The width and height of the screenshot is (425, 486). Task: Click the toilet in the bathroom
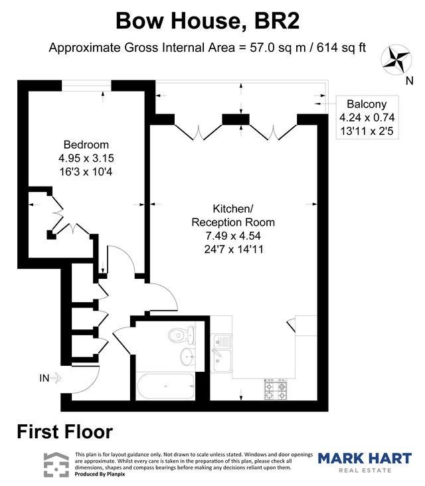coord(181,335)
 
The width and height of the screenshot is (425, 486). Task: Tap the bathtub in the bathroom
coord(166,386)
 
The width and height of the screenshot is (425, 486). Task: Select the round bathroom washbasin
coord(187,357)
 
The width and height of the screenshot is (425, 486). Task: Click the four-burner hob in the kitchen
coord(276,389)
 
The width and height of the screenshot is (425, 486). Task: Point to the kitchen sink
coord(221,353)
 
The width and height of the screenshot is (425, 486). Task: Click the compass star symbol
coord(396,60)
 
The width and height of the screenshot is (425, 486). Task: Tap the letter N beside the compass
coord(410,81)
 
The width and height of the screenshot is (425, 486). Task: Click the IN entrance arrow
coord(56,378)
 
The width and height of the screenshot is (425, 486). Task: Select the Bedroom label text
coord(86,145)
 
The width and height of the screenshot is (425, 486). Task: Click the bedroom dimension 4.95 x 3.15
coord(86,158)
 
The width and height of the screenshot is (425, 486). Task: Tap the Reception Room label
coord(233,222)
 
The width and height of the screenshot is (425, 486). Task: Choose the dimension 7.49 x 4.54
coord(233,236)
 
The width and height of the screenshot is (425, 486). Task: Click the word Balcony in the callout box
coord(367,104)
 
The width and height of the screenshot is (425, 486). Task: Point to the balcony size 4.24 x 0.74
coord(367,118)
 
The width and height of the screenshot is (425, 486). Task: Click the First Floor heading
coord(65,432)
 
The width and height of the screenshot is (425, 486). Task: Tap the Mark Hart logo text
coord(365,458)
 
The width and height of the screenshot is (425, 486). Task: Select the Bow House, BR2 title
coord(208,21)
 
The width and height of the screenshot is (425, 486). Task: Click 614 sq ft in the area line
coord(341,48)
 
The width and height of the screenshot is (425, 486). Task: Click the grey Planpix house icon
coord(56,465)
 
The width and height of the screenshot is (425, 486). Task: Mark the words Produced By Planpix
coord(100,474)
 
